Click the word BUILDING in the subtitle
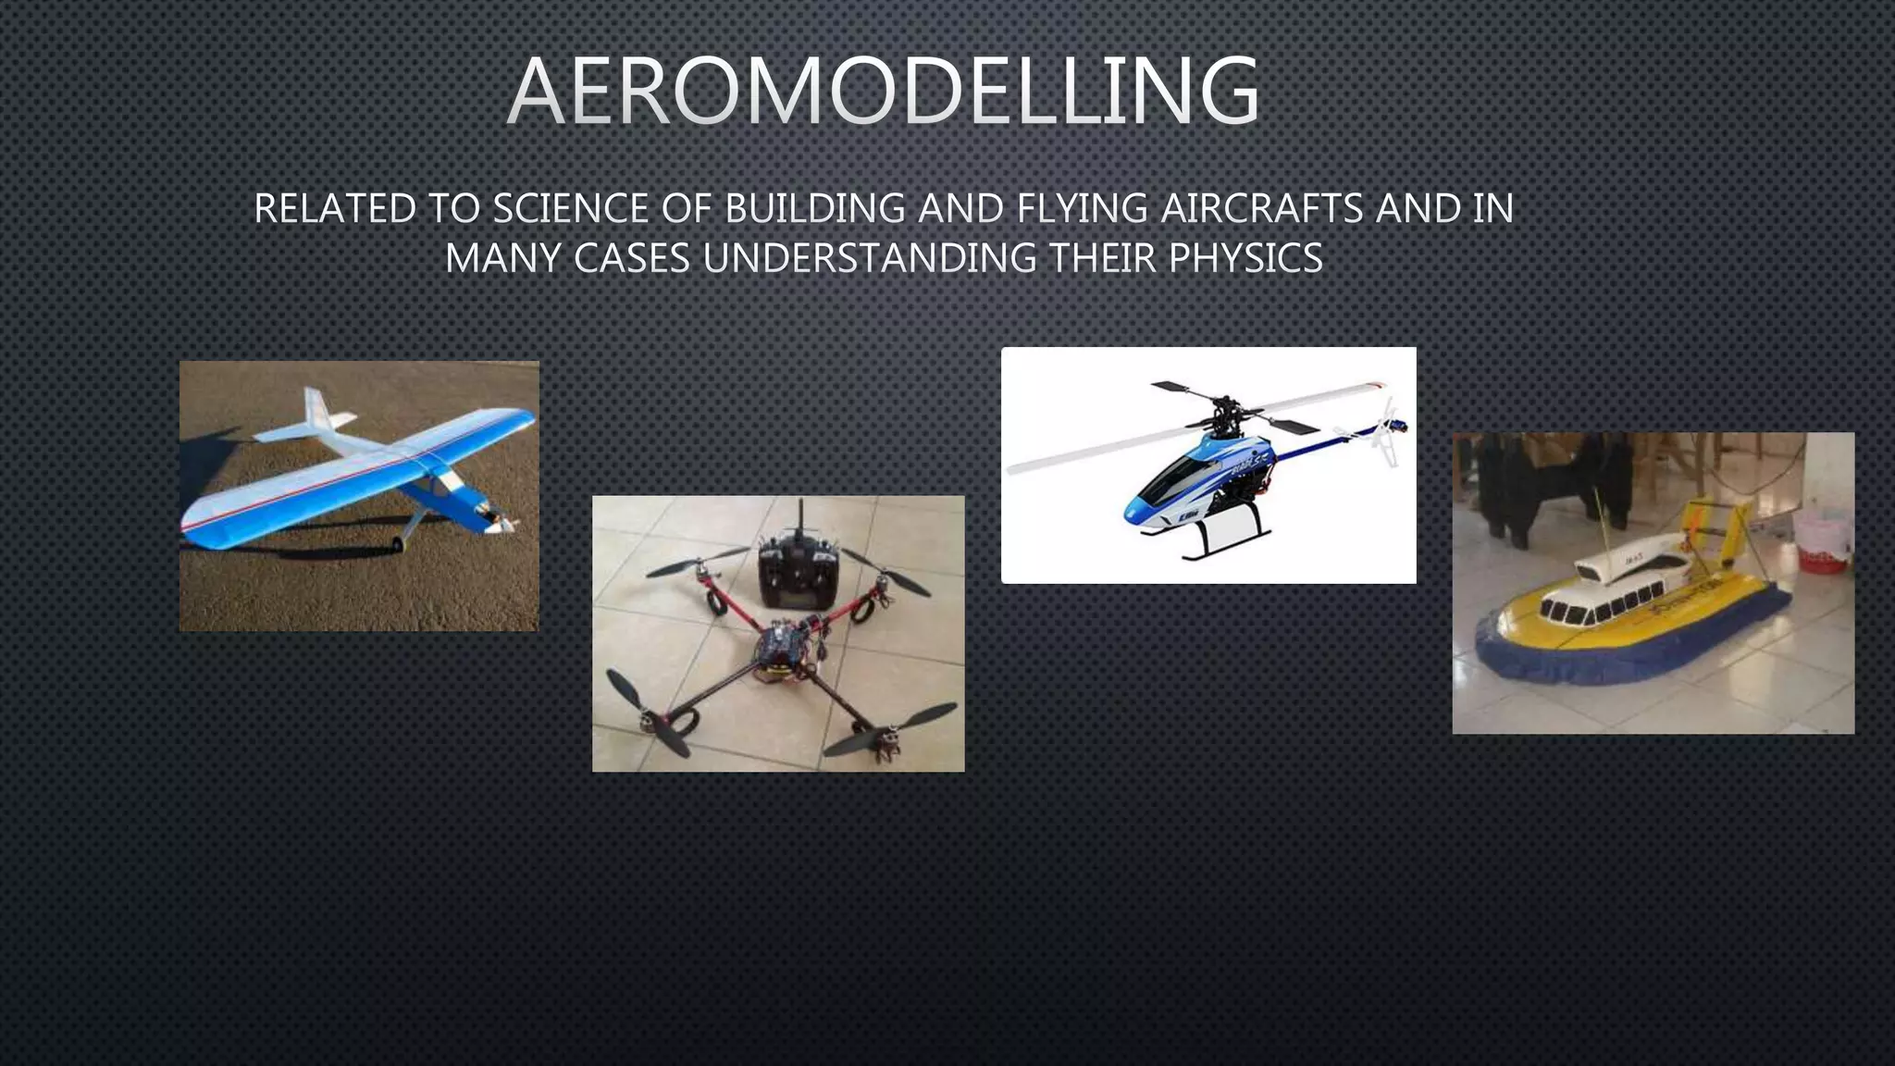(814, 209)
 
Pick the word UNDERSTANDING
(870, 258)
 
